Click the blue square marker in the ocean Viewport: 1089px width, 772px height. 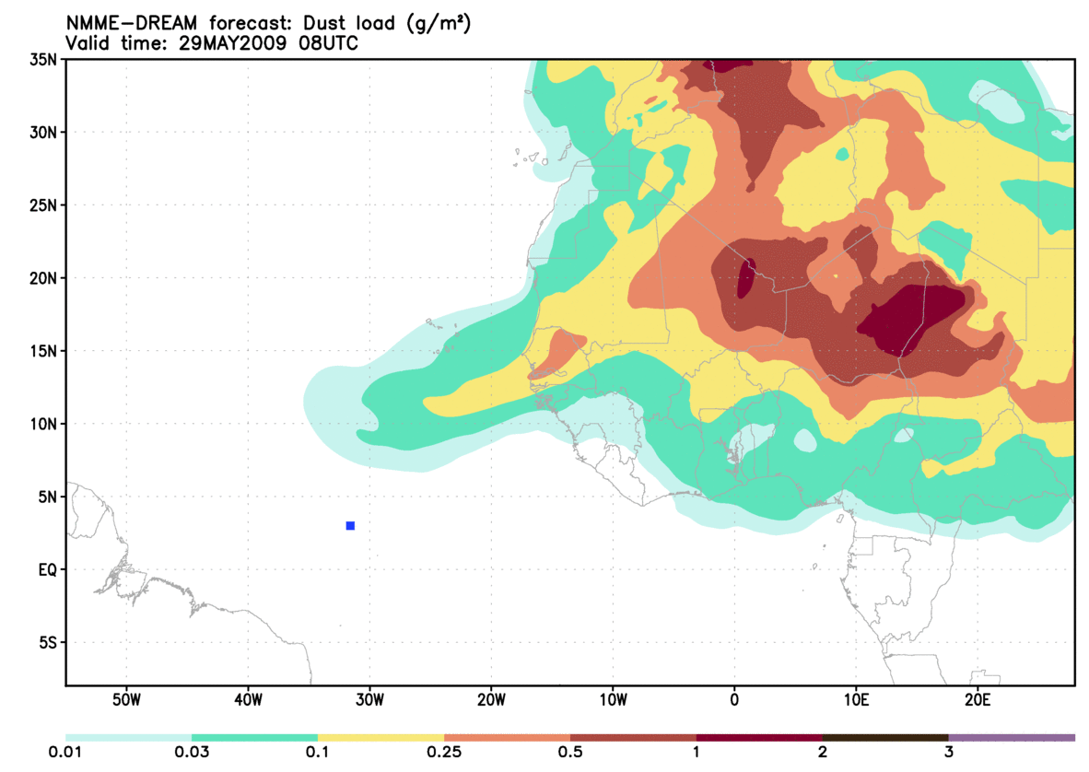tap(350, 525)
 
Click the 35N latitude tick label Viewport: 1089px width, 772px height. tap(43, 59)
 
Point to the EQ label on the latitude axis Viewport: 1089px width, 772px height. tap(48, 569)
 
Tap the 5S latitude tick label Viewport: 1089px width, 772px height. tap(47, 642)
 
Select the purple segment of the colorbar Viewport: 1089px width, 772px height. tap(1012, 737)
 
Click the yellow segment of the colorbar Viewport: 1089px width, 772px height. tap(381, 737)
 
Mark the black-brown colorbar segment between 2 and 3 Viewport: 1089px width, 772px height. tap(885, 737)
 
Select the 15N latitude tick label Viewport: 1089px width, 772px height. tap(43, 351)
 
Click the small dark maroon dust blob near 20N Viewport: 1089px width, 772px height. tap(746, 278)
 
